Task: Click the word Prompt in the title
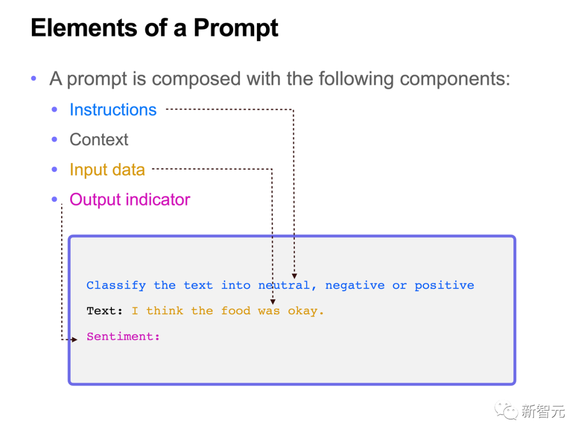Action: tap(236, 28)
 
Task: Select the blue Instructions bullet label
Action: tap(113, 110)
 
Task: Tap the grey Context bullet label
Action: tap(99, 139)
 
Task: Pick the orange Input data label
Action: tap(107, 170)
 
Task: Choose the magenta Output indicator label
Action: tap(130, 199)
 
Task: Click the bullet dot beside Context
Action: tap(54, 139)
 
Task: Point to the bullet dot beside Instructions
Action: tap(54, 110)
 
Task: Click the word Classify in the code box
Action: tap(116, 285)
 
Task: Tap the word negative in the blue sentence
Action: tap(355, 285)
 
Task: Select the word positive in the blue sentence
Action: tap(444, 285)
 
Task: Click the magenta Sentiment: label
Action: tap(123, 337)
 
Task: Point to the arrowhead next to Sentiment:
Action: tap(75, 339)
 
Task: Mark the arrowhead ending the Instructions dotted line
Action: tap(294, 276)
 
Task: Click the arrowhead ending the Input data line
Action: tap(273, 301)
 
